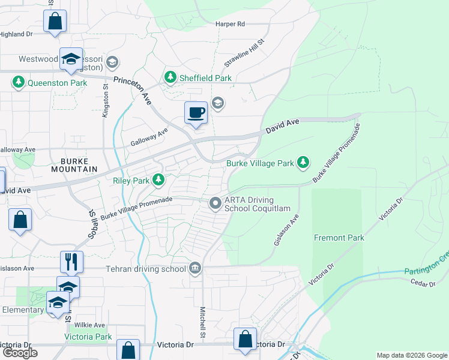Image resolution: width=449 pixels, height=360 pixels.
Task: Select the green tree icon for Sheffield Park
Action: tap(171, 77)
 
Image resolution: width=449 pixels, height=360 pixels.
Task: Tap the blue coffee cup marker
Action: tap(195, 113)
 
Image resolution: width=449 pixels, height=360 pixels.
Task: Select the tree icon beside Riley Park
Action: tap(158, 179)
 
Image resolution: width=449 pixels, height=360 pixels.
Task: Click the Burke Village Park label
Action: tap(260, 163)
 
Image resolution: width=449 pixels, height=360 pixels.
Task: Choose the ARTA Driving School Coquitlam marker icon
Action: tap(215, 204)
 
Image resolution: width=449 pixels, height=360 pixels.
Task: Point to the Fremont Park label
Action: tap(339, 238)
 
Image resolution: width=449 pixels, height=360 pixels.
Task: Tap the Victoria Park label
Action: tap(88, 337)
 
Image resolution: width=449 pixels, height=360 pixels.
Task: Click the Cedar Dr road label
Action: tap(422, 283)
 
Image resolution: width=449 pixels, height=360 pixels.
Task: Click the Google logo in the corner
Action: tap(20, 353)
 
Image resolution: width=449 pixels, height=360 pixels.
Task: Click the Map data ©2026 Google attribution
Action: tap(412, 355)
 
